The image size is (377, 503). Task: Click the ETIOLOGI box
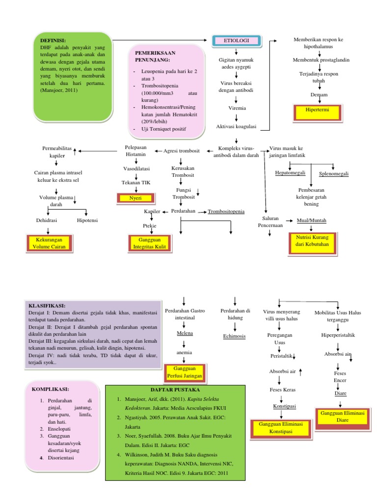tap(236, 40)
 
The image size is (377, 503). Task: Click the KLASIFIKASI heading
tap(50, 306)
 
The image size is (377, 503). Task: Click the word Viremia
tap(237, 108)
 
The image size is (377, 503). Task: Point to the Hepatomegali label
tap(290, 173)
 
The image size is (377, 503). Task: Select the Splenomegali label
tap(333, 173)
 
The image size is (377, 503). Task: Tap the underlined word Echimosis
tap(234, 336)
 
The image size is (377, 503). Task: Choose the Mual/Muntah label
tap(312, 221)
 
